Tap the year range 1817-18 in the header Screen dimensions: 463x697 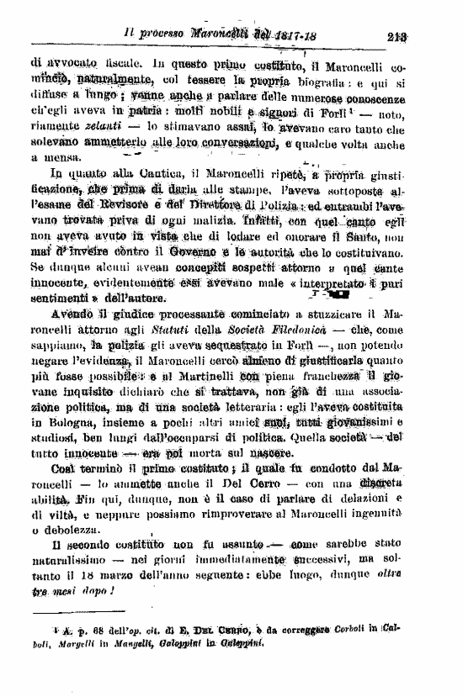(x=274, y=36)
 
